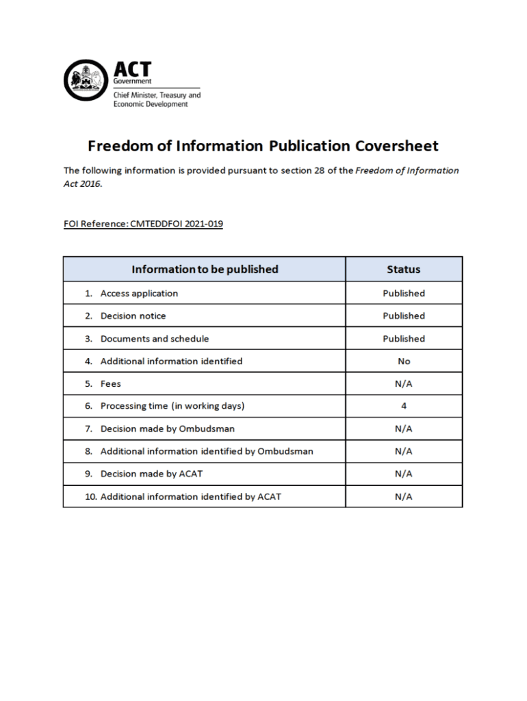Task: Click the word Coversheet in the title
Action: (x=396, y=146)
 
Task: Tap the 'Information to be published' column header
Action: (x=205, y=269)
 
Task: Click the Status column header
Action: (x=404, y=269)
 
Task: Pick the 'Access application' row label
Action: (x=139, y=293)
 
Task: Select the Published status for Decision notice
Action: (x=404, y=316)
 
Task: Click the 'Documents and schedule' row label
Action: (x=155, y=338)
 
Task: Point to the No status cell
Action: (x=404, y=361)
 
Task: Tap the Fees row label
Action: (x=111, y=383)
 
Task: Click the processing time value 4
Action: (x=404, y=406)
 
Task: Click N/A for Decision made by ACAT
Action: (x=404, y=474)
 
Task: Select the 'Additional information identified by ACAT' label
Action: (x=190, y=496)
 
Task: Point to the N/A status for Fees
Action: (x=404, y=383)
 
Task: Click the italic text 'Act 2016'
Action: (x=82, y=184)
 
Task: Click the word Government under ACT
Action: (x=132, y=81)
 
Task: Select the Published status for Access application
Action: (x=404, y=293)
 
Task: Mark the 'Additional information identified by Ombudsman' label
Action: (x=207, y=451)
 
